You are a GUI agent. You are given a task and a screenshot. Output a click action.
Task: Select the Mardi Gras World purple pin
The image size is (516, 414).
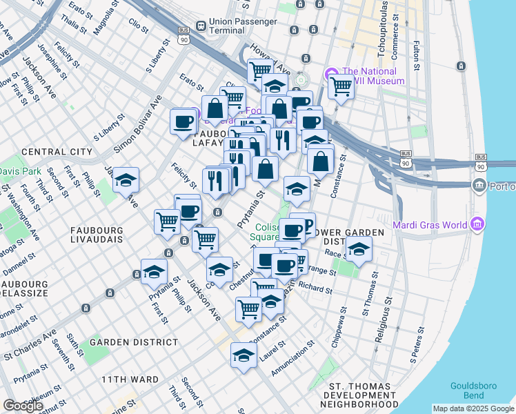tap(477, 224)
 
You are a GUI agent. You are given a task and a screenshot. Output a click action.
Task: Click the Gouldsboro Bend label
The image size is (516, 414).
tap(473, 391)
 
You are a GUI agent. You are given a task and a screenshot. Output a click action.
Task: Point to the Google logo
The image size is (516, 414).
tap(23, 406)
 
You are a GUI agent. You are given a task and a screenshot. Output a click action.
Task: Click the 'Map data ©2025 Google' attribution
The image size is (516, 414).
tap(473, 408)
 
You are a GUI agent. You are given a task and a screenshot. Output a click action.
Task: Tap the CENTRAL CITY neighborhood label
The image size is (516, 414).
tap(57, 152)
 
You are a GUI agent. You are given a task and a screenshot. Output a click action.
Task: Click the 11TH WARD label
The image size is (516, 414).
tap(130, 379)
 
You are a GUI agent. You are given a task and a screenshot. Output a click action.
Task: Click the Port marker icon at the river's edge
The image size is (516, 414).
tap(479, 186)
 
